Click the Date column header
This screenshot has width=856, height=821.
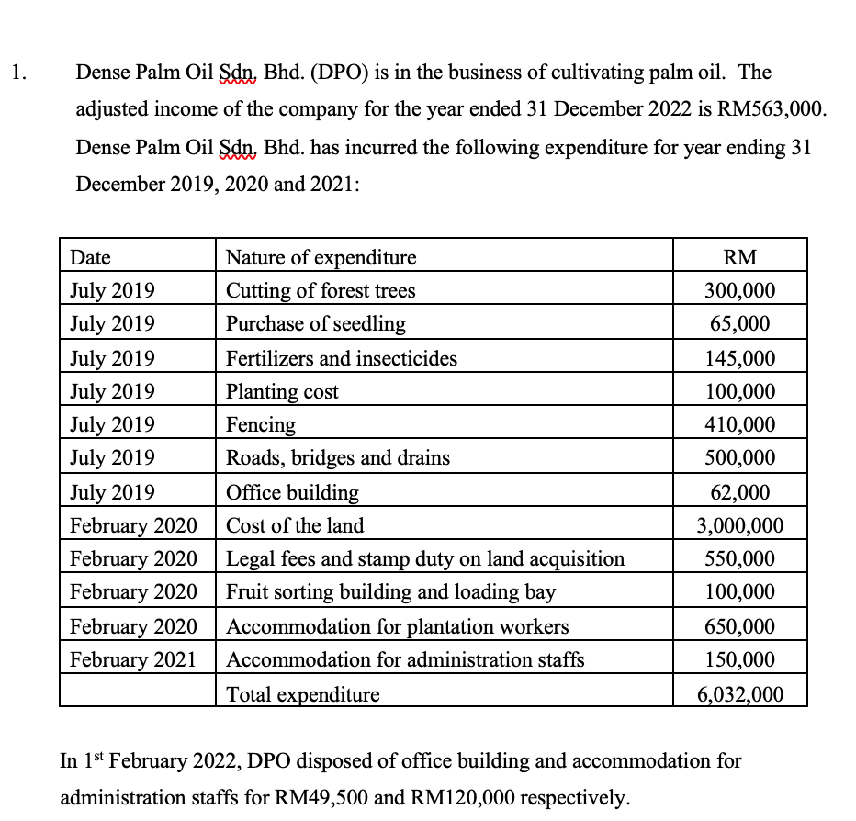(x=90, y=257)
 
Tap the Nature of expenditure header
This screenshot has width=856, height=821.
(x=321, y=257)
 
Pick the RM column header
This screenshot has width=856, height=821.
(x=739, y=257)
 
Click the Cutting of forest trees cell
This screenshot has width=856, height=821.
(x=321, y=291)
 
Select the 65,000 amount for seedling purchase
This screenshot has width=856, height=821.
(x=739, y=324)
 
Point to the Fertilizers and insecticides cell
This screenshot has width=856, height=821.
(x=342, y=358)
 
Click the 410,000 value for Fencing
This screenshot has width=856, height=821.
(x=739, y=424)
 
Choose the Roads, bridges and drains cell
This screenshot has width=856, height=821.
(x=338, y=457)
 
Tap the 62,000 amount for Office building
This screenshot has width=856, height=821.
(x=739, y=492)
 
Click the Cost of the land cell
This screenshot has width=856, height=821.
(x=295, y=525)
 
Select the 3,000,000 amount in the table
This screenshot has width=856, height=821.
(x=739, y=525)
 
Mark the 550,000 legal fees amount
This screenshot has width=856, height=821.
(x=739, y=558)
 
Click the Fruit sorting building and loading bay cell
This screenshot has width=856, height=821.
(x=390, y=591)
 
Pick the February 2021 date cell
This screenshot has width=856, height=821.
(x=133, y=659)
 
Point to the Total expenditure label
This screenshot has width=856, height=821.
(x=302, y=694)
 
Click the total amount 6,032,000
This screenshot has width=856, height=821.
(x=739, y=694)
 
